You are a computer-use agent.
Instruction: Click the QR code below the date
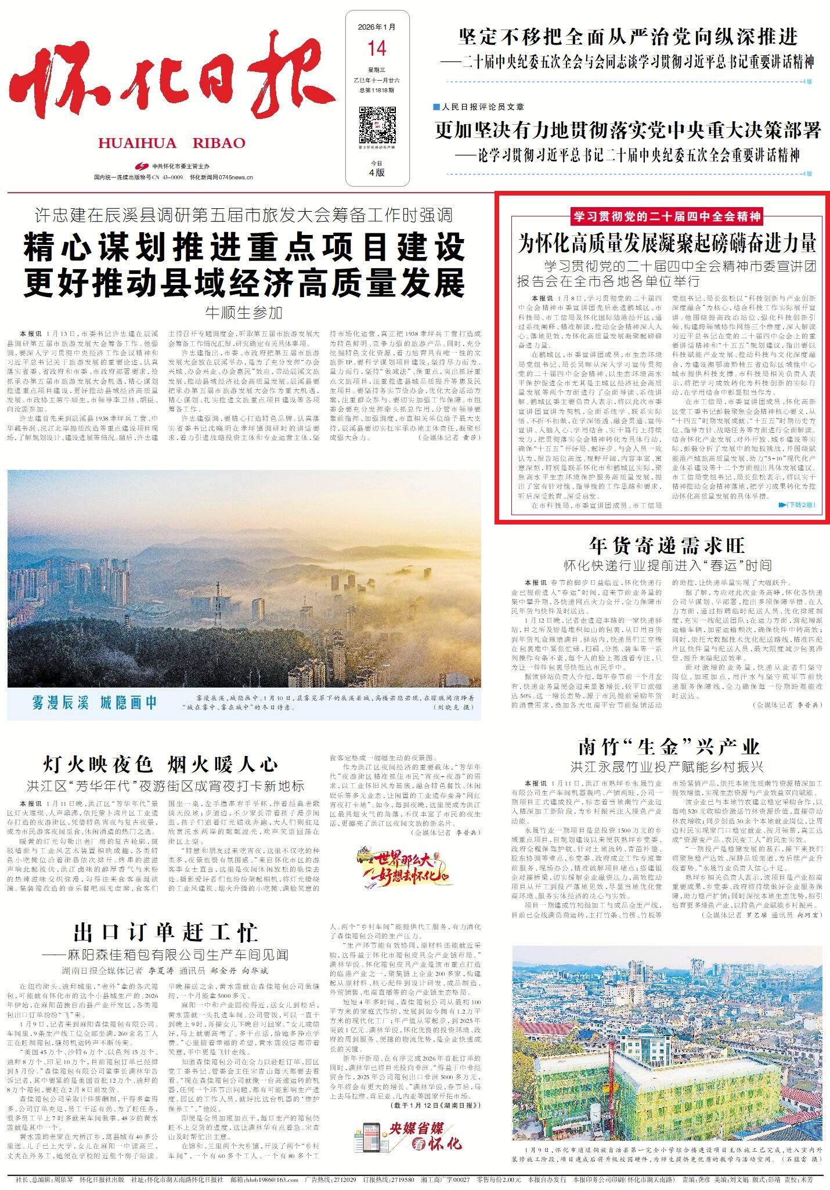point(377,125)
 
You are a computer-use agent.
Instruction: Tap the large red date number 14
point(377,48)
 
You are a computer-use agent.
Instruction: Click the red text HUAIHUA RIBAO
point(172,143)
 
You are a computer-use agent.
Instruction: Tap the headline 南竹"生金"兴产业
point(669,746)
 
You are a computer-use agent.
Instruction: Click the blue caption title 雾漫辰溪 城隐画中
point(94,703)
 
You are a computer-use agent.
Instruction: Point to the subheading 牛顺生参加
point(244,313)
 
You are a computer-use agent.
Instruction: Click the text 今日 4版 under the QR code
point(377,169)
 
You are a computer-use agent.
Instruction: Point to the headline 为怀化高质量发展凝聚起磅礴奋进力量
point(667,244)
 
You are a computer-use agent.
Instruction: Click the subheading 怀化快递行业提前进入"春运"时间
point(667,565)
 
